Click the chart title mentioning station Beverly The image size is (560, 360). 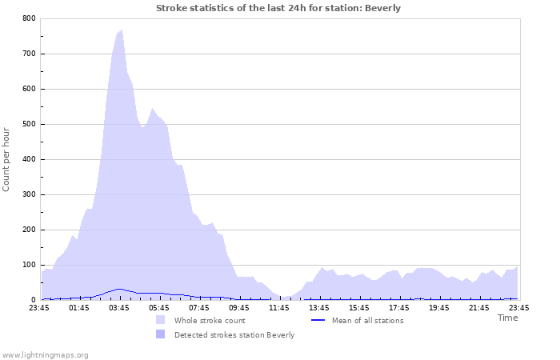[278, 8]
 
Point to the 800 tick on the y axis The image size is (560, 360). [29, 18]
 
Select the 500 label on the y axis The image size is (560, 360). [29, 124]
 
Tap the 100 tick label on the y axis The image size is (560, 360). [29, 265]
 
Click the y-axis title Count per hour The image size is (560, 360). [7, 158]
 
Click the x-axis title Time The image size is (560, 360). [507, 318]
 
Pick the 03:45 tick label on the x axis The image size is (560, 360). [118, 307]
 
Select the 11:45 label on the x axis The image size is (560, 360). [278, 307]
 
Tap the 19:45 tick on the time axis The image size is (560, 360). [438, 307]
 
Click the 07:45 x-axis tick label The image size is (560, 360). [198, 307]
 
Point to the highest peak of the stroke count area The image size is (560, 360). [121, 30]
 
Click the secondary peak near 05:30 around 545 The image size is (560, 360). [153, 109]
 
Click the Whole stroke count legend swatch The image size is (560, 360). [161, 320]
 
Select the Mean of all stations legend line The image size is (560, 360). [318, 320]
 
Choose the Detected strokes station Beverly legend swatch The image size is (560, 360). [161, 334]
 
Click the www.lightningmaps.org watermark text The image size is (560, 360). [45, 354]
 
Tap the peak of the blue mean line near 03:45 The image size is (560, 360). [119, 289]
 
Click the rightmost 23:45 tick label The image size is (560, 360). [518, 307]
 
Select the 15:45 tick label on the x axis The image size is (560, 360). [358, 307]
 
